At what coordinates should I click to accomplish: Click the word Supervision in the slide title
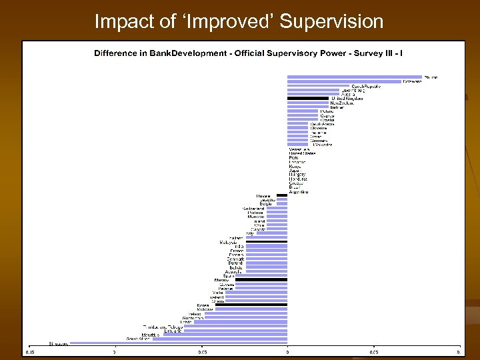pos(332,21)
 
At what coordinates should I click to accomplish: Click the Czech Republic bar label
pos(367,87)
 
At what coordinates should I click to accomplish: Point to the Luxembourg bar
pos(313,91)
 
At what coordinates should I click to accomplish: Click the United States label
pos(301,153)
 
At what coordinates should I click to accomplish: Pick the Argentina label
pos(299,191)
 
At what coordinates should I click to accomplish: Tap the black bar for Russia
pos(282,195)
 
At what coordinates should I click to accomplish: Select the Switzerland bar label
pos(253,208)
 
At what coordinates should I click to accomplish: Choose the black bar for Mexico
pos(261,279)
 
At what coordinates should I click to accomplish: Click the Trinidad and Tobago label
pos(163,327)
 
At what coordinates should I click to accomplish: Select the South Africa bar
pos(220,339)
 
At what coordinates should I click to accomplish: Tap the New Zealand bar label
pos(342,103)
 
